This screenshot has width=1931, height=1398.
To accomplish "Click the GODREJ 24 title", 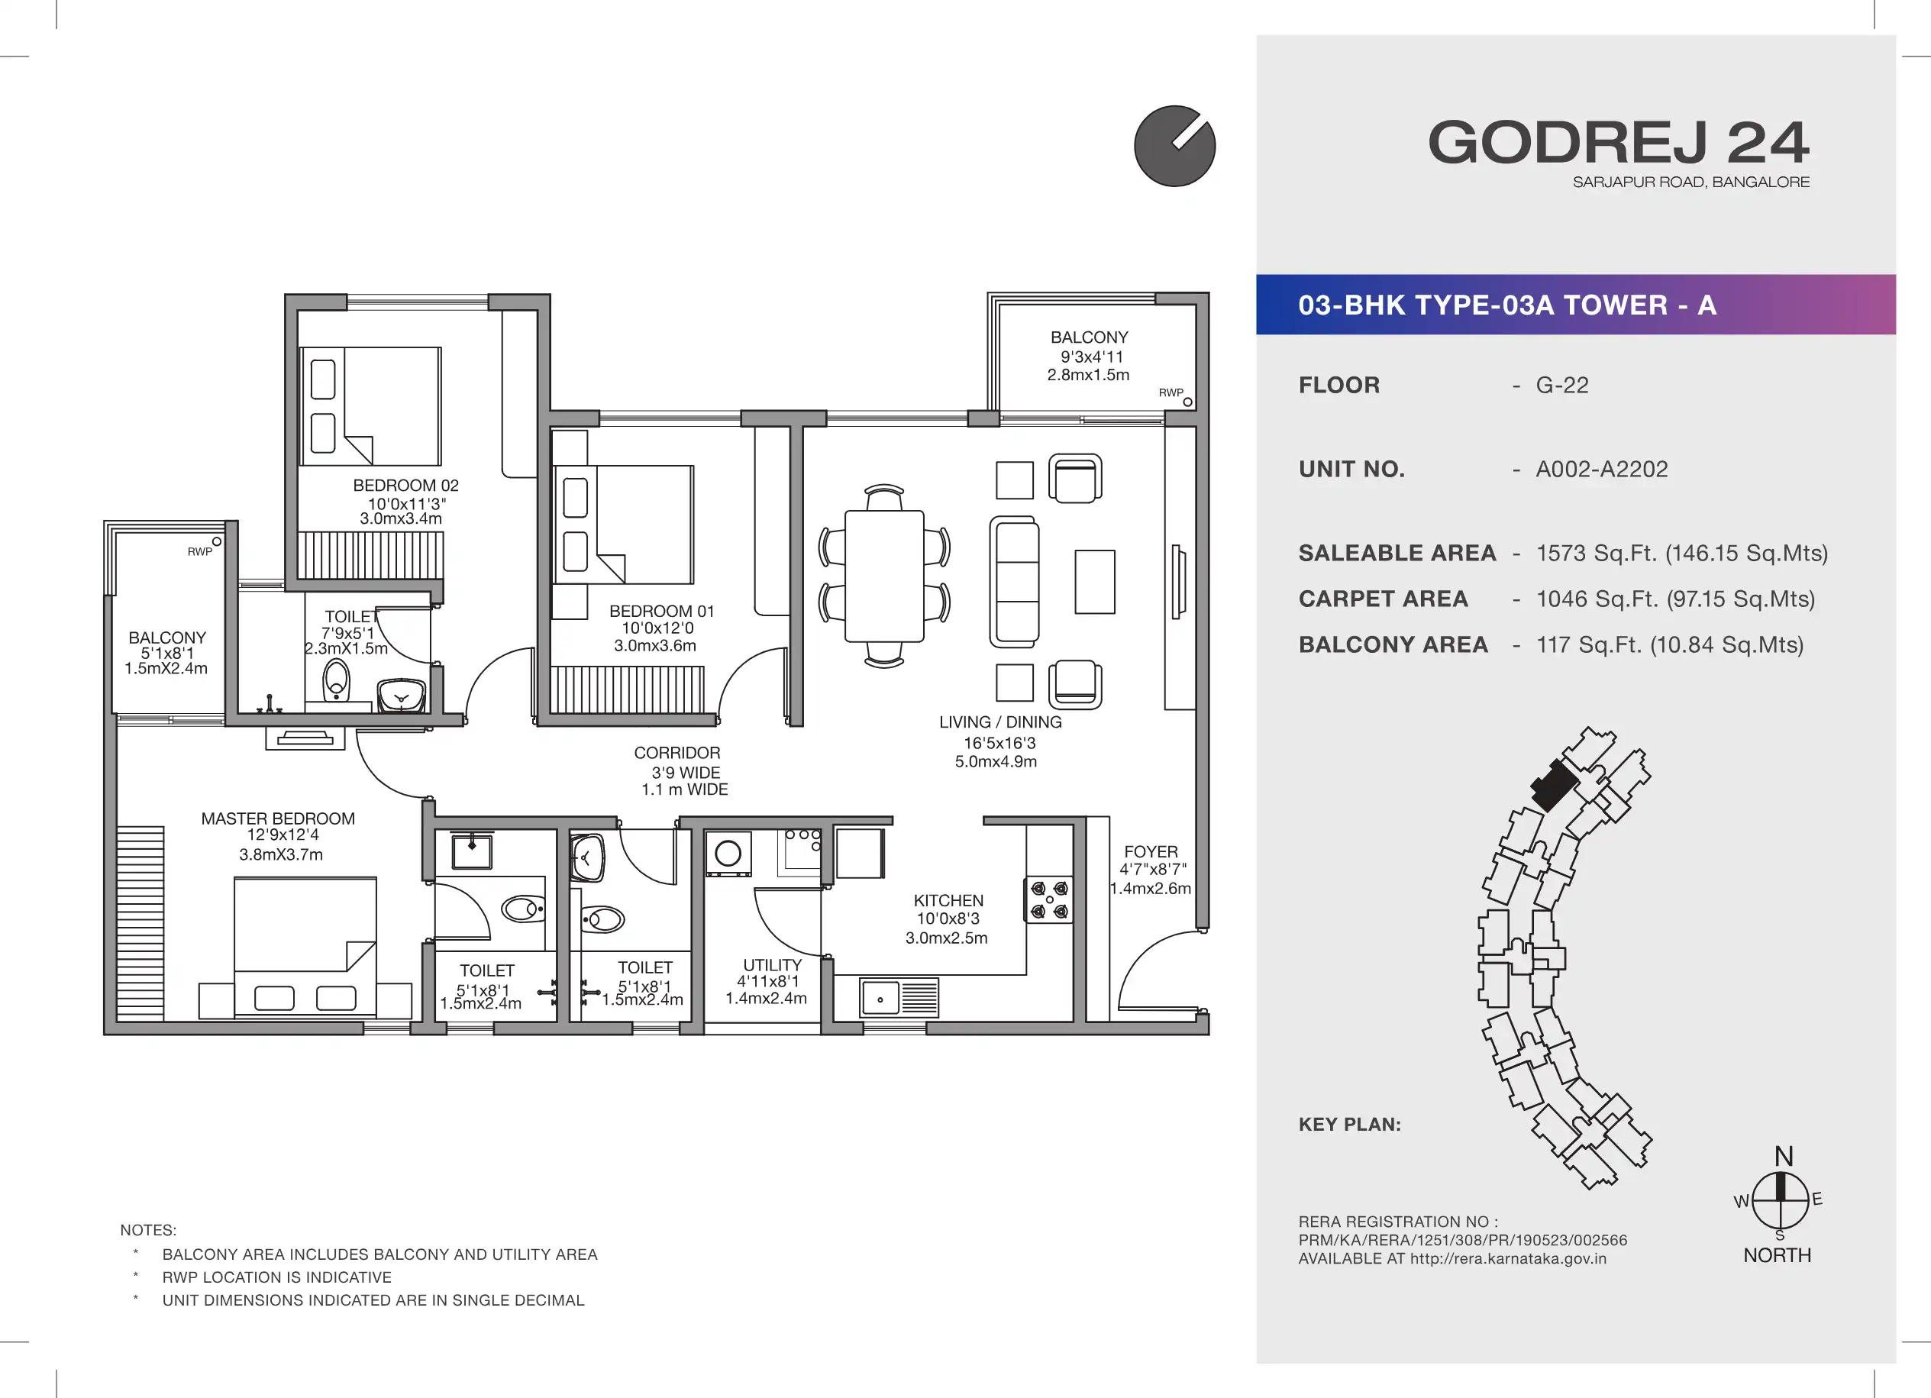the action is [1619, 142].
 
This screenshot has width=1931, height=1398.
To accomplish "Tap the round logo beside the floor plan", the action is [1175, 146].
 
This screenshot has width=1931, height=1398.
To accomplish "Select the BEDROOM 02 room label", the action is [406, 486].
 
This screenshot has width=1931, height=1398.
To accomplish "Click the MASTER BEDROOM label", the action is [278, 818].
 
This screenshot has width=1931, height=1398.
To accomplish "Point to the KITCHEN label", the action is [948, 901].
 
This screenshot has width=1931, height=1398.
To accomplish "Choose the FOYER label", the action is [1151, 851].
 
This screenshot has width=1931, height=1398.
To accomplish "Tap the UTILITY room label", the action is [772, 964].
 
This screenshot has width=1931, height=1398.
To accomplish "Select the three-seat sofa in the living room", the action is [1015, 583].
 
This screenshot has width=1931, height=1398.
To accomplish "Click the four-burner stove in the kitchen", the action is [1049, 900].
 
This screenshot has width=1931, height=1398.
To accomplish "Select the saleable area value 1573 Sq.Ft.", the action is [1681, 554].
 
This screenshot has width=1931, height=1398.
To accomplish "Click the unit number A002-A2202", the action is [1601, 469].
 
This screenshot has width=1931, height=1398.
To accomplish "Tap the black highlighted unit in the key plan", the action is [1555, 784].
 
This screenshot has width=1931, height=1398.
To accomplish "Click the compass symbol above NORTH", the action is [1781, 1199].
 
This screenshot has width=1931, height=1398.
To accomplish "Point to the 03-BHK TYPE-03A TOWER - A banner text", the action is [1507, 305].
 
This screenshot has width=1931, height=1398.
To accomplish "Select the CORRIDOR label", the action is [676, 753].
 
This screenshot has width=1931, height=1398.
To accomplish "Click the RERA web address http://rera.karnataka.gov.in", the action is [1508, 1258].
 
